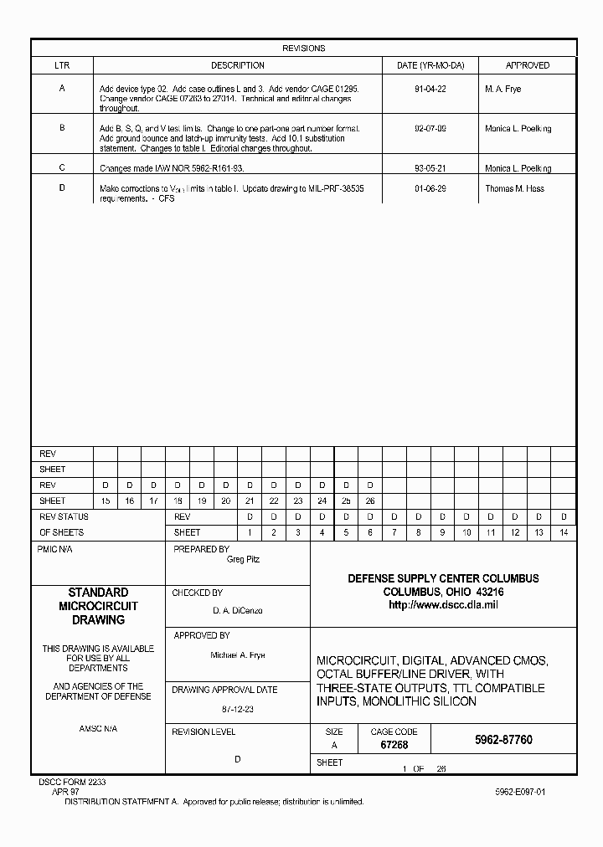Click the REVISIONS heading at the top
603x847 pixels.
click(x=303, y=49)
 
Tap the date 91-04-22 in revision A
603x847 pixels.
click(x=430, y=89)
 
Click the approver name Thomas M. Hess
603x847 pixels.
click(x=514, y=189)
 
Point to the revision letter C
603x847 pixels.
click(x=62, y=167)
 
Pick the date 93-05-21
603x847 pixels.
click(x=430, y=168)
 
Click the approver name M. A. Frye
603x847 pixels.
click(x=502, y=89)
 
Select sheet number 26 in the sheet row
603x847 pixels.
click(x=370, y=501)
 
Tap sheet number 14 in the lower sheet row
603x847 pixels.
click(x=564, y=533)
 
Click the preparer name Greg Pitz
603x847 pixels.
click(x=243, y=560)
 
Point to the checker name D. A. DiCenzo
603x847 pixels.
click(x=238, y=611)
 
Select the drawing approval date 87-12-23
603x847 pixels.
click(x=238, y=708)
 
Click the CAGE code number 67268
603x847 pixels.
click(x=394, y=744)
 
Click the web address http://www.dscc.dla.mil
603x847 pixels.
click(x=443, y=605)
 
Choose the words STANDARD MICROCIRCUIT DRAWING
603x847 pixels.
click(x=97, y=607)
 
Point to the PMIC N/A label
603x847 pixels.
click(x=55, y=550)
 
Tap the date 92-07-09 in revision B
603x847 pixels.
click(x=430, y=129)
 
